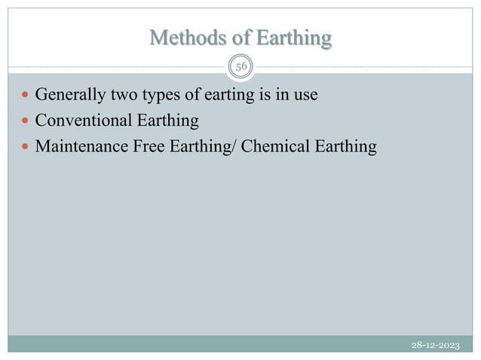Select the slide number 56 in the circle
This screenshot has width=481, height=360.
pos(241,67)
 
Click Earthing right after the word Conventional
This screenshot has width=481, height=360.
pos(165,121)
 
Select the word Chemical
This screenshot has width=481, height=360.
pos(276,145)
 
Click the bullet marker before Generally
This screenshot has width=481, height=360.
pos(26,96)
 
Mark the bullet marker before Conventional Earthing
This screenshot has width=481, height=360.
pos(26,121)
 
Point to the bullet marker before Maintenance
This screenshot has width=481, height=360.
pos(26,146)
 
